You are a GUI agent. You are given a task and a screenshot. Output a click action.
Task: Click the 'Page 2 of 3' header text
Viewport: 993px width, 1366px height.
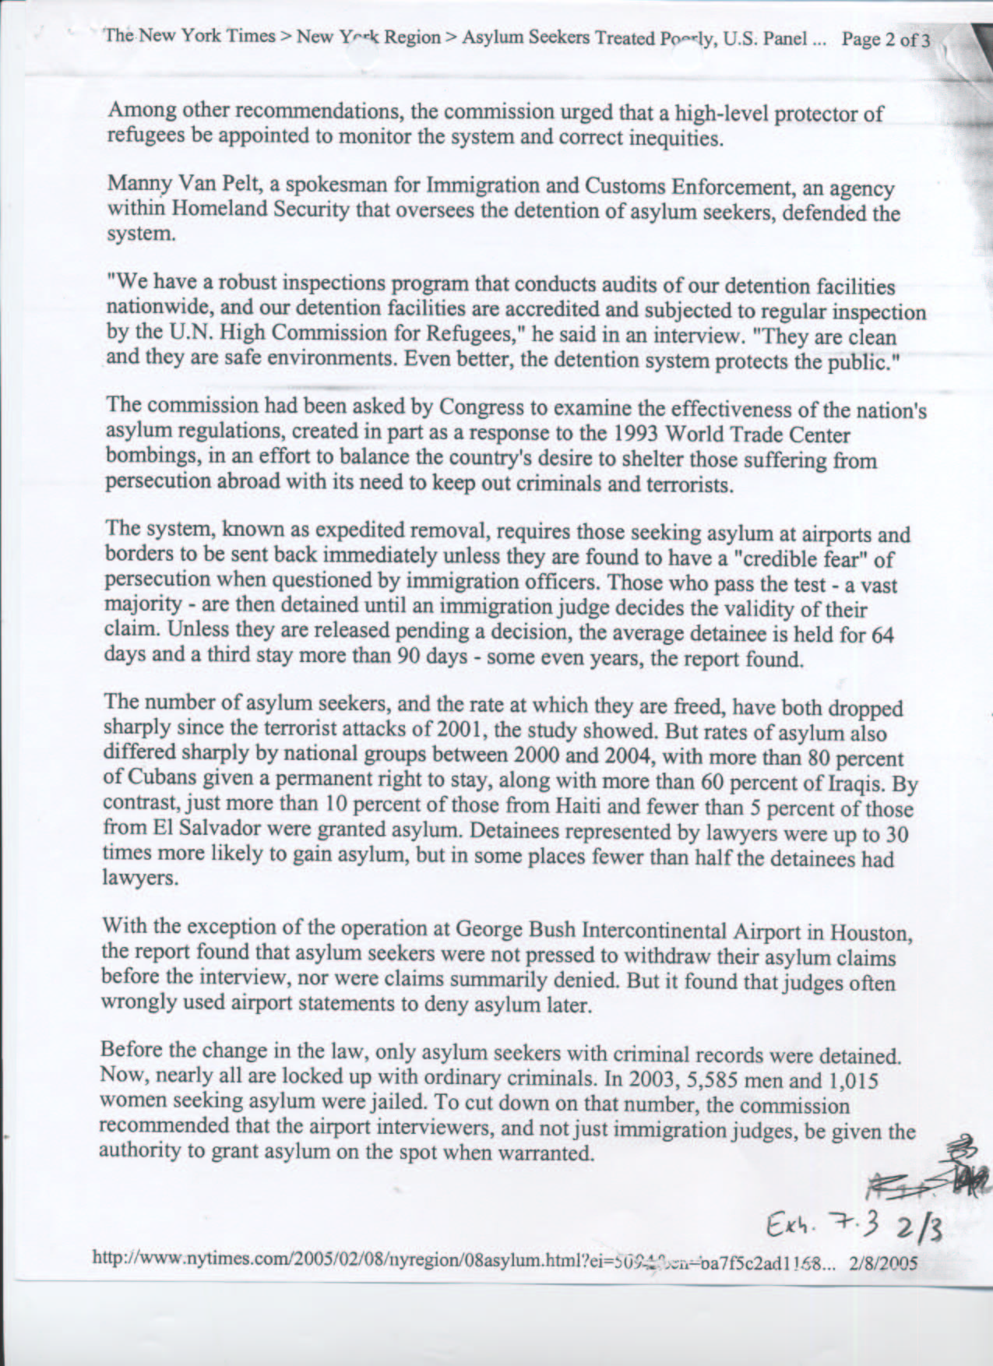point(886,40)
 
